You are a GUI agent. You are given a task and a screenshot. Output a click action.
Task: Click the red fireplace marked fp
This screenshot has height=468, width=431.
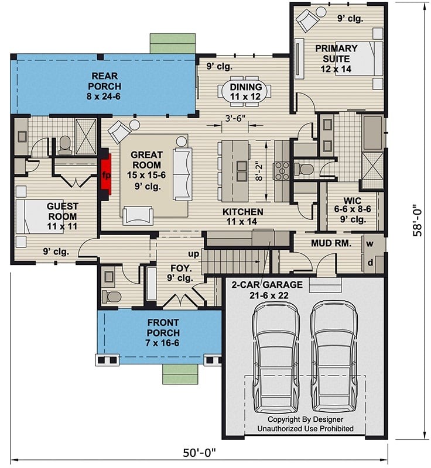pyautogui.click(x=106, y=175)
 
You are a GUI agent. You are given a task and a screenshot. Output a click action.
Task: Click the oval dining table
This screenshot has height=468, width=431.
pyautogui.click(x=244, y=91)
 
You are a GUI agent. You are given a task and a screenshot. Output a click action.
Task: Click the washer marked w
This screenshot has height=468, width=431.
pyautogui.click(x=371, y=243)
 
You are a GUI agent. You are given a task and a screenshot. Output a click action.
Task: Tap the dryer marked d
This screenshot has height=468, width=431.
pyautogui.click(x=371, y=263)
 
